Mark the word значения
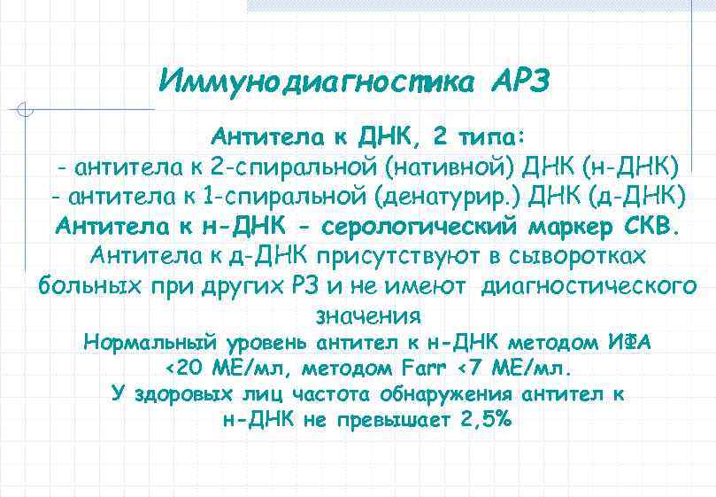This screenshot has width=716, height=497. (x=367, y=316)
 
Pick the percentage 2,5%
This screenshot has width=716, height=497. (x=486, y=420)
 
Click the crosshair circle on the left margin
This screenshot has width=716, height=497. (x=26, y=111)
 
